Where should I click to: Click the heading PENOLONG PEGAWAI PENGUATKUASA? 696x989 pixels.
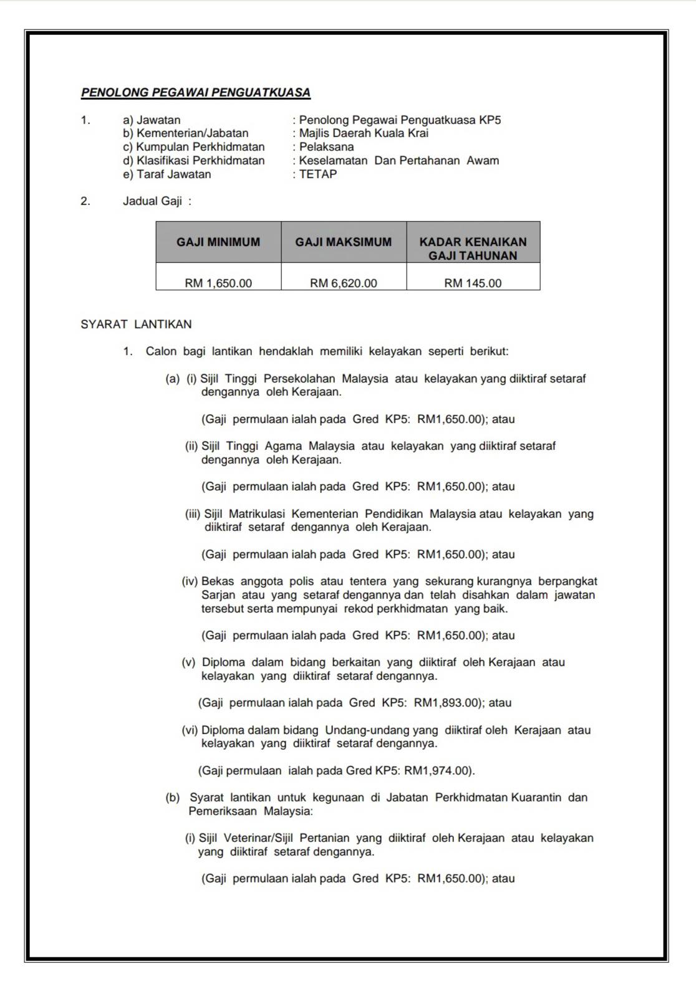(195, 93)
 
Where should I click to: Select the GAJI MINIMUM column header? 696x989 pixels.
(218, 242)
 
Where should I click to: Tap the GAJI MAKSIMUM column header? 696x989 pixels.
(344, 242)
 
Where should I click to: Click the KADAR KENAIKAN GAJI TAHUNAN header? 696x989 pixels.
(473, 248)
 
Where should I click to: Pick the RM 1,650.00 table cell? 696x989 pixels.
(218, 283)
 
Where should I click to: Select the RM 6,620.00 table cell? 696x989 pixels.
(344, 283)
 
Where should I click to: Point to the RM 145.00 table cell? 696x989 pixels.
(473, 283)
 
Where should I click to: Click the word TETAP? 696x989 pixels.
(318, 174)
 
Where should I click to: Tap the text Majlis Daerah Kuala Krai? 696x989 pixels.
(364, 133)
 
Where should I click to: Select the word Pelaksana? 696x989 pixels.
(326, 147)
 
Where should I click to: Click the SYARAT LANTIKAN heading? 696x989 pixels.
(136, 324)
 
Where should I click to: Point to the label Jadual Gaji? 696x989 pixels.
(152, 201)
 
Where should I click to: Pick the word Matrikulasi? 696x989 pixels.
(257, 514)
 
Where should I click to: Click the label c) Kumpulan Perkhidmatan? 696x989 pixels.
(194, 147)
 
